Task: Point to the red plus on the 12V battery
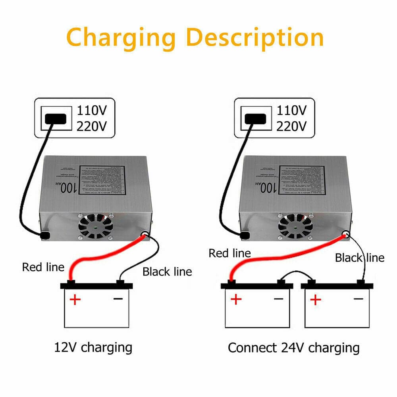click(75, 299)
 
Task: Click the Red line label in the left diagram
click(43, 267)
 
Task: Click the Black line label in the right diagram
click(360, 258)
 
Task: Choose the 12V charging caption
click(93, 347)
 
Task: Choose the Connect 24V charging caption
click(293, 348)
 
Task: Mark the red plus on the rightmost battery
click(315, 299)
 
